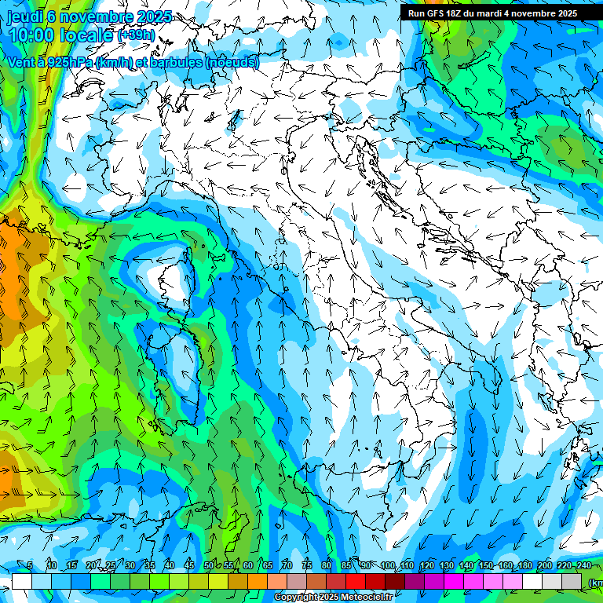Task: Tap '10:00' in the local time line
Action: click(x=32, y=35)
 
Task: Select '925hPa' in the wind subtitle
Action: click(x=68, y=63)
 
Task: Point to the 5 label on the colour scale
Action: click(x=30, y=566)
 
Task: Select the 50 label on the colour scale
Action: click(x=208, y=566)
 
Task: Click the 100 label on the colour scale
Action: click(x=387, y=566)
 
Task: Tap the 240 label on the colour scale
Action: click(x=583, y=566)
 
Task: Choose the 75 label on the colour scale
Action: click(x=307, y=566)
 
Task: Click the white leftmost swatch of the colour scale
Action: click(x=21, y=582)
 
